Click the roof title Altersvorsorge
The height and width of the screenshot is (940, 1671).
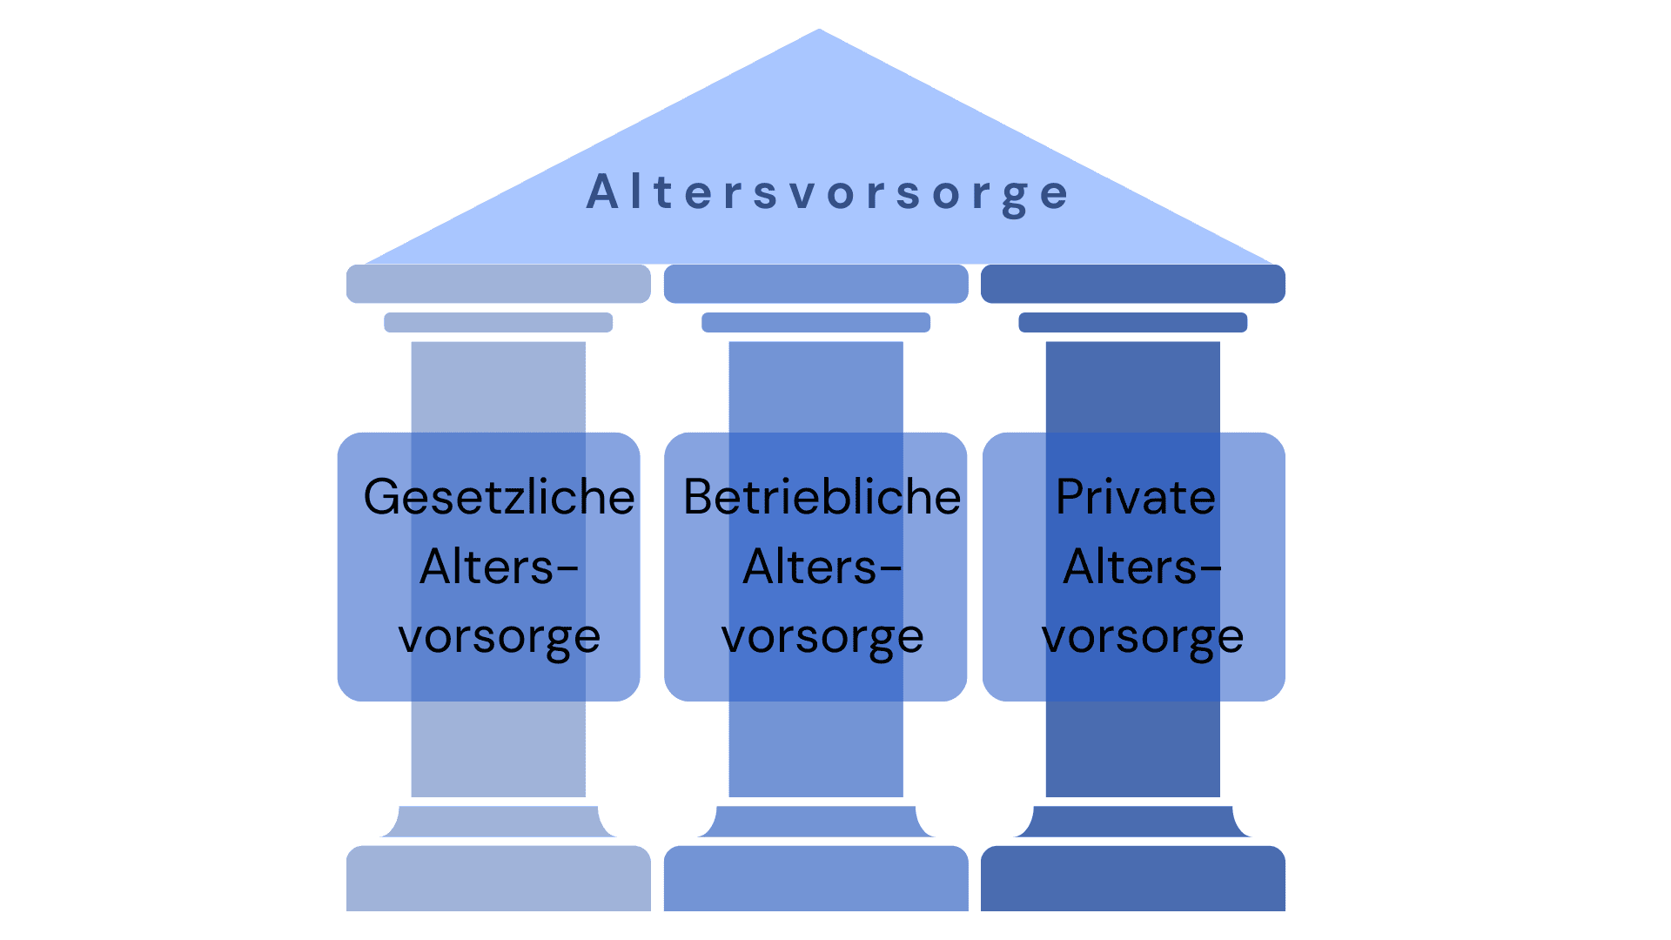(x=828, y=192)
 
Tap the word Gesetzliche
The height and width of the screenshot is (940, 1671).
(x=499, y=497)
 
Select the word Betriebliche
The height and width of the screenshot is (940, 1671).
(x=822, y=497)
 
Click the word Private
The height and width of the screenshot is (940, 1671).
(x=1136, y=497)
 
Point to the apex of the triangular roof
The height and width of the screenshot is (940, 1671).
(x=819, y=30)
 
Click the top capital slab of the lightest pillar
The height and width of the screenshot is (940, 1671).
(x=499, y=284)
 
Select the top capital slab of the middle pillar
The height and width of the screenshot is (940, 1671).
(x=816, y=284)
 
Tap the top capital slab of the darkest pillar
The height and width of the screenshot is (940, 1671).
(x=1133, y=284)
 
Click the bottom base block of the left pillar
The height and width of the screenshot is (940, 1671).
(x=499, y=878)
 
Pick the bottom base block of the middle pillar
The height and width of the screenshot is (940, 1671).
(x=816, y=878)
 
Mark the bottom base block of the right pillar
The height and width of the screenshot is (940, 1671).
(x=1133, y=878)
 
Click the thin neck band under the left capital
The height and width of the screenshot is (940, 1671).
(x=499, y=322)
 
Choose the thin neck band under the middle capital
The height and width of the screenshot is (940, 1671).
(x=816, y=322)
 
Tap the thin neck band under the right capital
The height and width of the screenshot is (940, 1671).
(x=1133, y=322)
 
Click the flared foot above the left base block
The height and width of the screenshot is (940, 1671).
(x=499, y=822)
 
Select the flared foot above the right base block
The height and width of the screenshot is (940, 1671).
(x=1133, y=822)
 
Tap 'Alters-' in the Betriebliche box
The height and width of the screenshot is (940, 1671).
(x=822, y=567)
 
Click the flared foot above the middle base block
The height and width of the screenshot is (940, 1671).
(x=816, y=822)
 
